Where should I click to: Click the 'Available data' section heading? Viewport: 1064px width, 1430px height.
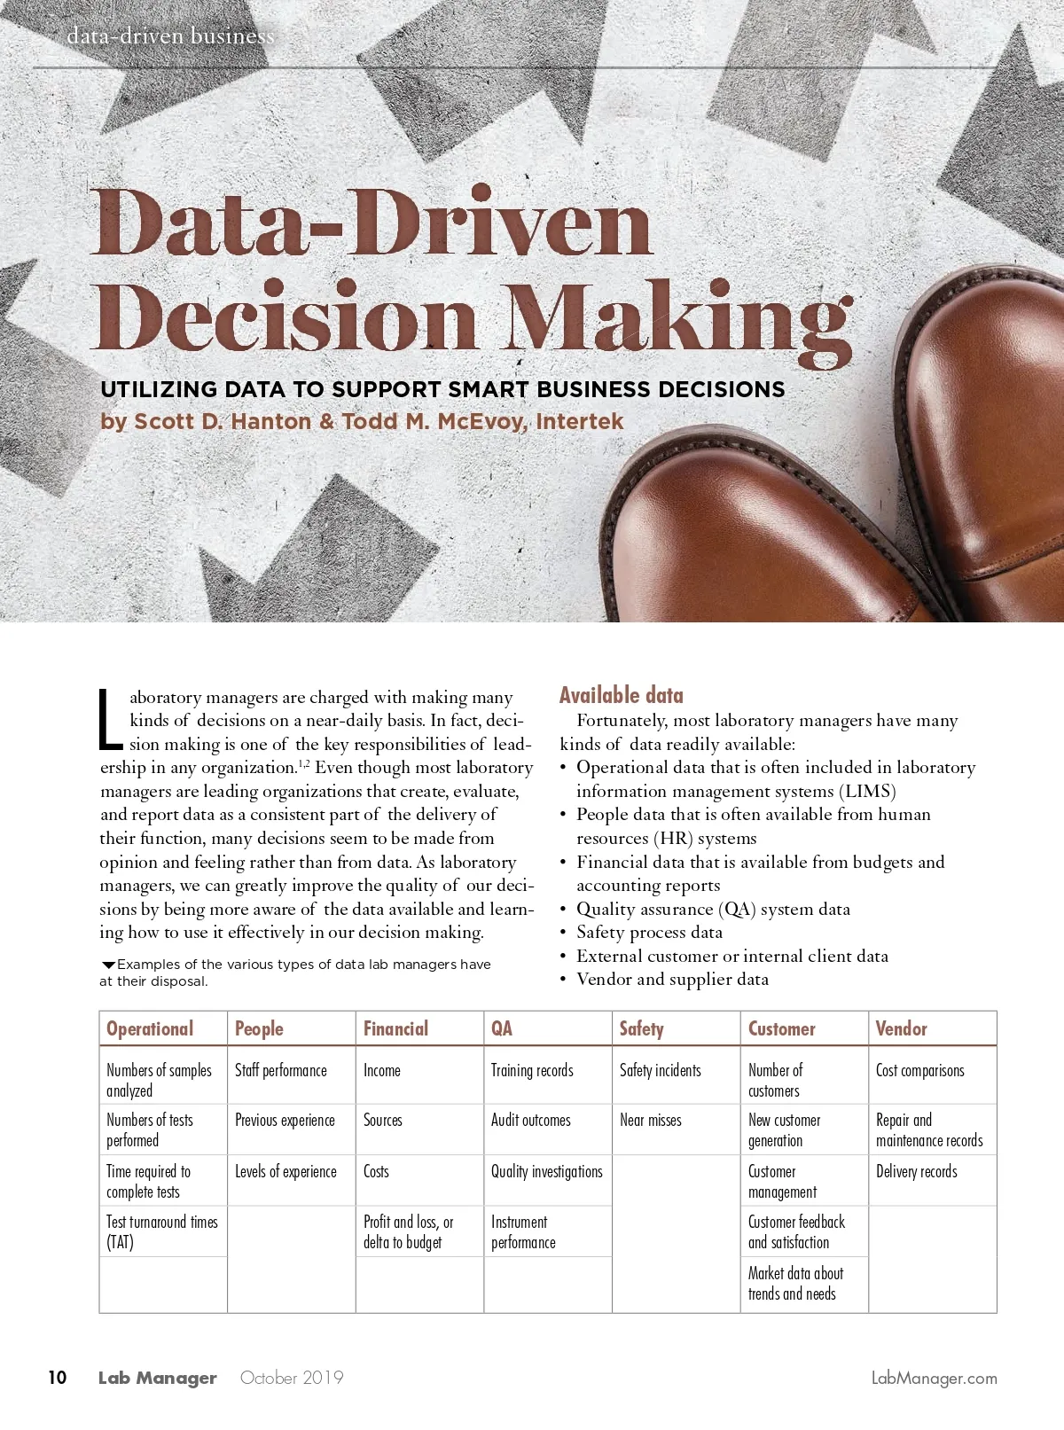(621, 695)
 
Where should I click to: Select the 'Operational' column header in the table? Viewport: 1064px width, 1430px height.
(150, 1028)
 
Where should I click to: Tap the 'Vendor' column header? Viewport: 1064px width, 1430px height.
(901, 1028)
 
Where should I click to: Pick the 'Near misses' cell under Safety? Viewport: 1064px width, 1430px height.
(651, 1121)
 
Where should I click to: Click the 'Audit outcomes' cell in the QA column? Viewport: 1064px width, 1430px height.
(531, 1121)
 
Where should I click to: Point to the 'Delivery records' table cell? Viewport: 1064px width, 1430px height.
(916, 1172)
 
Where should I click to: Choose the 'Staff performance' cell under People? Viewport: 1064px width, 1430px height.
(281, 1071)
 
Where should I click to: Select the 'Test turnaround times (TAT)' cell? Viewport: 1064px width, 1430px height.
(162, 1231)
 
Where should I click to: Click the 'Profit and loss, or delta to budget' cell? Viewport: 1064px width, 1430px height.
(408, 1231)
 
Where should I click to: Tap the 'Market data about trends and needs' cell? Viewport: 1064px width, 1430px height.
(795, 1283)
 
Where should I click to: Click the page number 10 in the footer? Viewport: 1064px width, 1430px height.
(57, 1377)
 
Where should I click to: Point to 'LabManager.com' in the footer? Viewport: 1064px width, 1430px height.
(934, 1378)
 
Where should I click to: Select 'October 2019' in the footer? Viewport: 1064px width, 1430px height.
(292, 1377)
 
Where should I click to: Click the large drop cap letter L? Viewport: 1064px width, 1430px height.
(109, 719)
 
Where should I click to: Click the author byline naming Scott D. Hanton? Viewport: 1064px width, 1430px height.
(362, 421)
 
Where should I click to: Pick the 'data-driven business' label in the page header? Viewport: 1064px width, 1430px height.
(170, 36)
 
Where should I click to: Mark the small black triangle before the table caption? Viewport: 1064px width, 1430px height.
(108, 965)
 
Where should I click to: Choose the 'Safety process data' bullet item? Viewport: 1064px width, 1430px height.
(649, 932)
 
